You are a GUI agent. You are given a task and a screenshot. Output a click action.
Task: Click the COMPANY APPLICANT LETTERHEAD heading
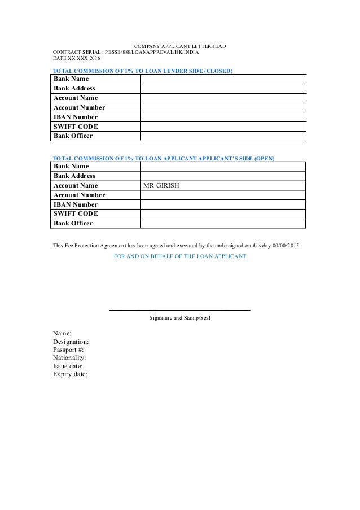pos(179,46)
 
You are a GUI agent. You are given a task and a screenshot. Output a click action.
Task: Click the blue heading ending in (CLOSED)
pos(143,71)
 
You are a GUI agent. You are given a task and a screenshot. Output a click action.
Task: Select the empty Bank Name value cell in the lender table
pos(222,79)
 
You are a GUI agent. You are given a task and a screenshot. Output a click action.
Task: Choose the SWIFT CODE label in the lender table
pos(75,127)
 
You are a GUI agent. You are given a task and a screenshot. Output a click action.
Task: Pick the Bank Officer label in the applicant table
pos(73,224)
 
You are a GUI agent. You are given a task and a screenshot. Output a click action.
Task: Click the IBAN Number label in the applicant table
pos(75,204)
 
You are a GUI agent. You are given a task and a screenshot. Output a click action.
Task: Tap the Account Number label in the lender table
pos(79,107)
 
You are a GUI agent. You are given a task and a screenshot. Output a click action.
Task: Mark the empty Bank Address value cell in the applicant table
pos(222,176)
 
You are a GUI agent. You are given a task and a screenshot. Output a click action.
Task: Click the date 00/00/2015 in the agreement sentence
pos(287,246)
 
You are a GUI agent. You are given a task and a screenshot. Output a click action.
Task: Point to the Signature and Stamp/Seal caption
pos(179,319)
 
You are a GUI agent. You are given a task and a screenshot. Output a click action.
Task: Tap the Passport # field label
pos(68,350)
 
